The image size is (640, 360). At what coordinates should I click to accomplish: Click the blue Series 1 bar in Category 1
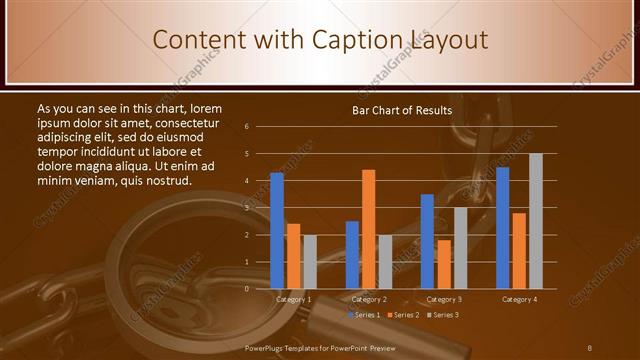point(277,230)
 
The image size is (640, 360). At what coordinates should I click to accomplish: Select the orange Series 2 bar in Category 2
point(369,229)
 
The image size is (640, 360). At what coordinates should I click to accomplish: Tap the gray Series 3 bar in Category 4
point(536,221)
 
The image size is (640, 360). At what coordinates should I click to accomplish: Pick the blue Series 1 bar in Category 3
point(427,241)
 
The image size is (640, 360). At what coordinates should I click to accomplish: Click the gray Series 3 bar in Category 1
point(310,262)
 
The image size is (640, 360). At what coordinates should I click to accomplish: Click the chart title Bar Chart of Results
point(402,110)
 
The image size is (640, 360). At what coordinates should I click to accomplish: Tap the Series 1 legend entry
point(364,315)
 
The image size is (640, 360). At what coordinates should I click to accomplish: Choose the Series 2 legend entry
point(403,315)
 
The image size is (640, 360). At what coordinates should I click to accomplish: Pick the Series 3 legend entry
point(441,315)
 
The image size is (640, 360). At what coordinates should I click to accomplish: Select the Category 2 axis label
point(369,299)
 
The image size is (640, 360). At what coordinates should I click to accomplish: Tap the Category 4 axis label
point(519,299)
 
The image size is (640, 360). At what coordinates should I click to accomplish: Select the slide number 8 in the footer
point(589,347)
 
